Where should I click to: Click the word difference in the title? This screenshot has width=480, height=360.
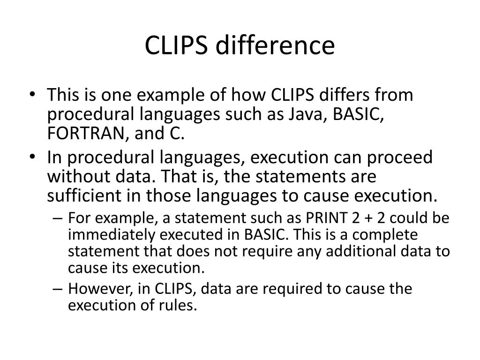[x=277, y=46]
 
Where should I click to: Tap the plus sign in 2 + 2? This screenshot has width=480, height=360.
[x=369, y=218]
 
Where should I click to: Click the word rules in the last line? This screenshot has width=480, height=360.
[x=178, y=306]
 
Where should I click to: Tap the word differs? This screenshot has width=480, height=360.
[x=348, y=95]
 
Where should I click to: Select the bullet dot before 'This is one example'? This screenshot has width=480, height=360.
[x=37, y=96]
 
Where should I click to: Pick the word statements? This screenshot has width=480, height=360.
[x=307, y=177]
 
